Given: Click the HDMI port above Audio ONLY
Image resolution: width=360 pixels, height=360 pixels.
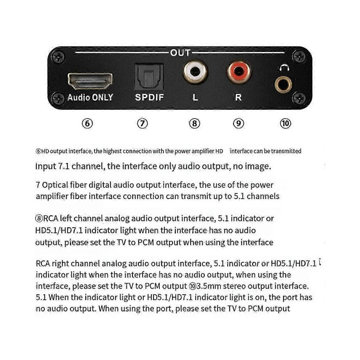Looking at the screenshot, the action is coord(90,81).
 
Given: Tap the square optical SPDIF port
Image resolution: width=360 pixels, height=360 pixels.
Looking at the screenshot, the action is coord(149,77).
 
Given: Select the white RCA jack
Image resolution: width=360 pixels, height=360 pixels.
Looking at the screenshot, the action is coord(195,71).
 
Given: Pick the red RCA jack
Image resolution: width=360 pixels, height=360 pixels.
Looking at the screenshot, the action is coord(239,71).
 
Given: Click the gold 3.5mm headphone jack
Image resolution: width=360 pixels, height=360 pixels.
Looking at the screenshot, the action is coord(283,85).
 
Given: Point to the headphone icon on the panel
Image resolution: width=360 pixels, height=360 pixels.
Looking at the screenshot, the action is coord(284,68).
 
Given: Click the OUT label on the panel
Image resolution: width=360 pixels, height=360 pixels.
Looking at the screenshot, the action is coord(180,53).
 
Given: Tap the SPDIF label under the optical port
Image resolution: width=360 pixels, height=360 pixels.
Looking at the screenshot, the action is coord(149,97).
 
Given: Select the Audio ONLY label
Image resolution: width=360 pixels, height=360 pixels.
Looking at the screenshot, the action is coord(90,97).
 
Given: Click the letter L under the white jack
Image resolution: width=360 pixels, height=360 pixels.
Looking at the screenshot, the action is coord(195,97).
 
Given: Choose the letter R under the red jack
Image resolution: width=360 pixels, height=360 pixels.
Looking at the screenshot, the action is coord(238,97).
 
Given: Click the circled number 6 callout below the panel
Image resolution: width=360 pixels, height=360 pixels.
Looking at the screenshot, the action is coord(87,124).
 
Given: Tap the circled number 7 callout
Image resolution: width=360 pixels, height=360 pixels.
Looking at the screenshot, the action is coord(142,124).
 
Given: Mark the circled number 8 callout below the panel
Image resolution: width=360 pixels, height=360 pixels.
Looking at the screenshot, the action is coord(195,124).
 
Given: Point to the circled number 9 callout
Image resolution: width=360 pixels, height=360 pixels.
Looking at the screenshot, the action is coord(239,124).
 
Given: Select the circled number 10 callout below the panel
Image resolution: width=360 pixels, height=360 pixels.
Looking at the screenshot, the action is coord(285,124).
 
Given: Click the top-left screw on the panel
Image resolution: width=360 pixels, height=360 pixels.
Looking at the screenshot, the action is coord(57,56).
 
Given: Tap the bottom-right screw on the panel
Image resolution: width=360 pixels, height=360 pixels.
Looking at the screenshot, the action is coord(299,99).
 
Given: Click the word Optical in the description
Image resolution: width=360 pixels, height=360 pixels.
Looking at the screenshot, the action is coord(55,185).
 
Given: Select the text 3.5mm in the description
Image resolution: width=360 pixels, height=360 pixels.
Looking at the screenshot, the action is coord(208,286).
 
